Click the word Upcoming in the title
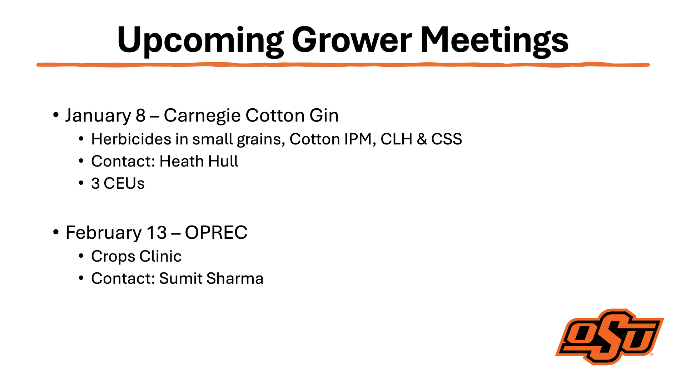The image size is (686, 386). tap(200, 41)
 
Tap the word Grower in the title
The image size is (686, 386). tap(352, 39)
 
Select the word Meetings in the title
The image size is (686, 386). tap(494, 41)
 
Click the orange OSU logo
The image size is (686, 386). tap(610, 337)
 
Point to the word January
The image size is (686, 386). tap(98, 116)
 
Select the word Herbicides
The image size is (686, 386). tap(131, 139)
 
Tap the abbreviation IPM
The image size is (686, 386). tap(358, 139)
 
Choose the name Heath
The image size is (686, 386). tap(182, 161)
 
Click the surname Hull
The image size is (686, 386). tap(223, 161)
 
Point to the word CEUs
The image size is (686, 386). tap(124, 183)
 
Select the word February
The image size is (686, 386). tap(104, 233)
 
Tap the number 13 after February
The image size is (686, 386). tap(156, 233)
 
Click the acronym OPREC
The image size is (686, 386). tap(216, 233)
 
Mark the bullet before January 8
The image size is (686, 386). tap(55, 115)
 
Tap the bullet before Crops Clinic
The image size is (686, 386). tap(81, 256)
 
